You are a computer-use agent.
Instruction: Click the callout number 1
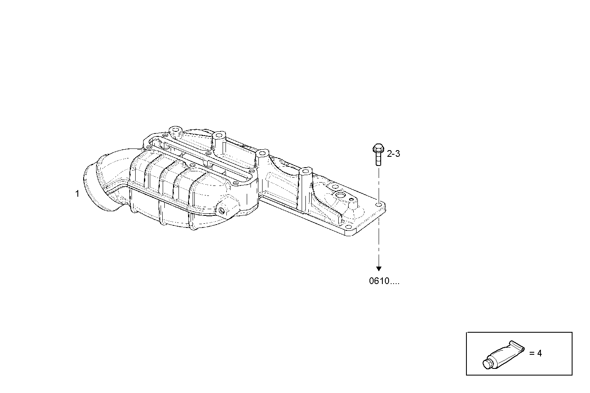[77, 194]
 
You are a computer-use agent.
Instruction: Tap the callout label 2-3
[393, 154]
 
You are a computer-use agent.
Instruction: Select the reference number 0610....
[384, 281]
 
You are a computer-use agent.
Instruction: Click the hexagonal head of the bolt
[378, 148]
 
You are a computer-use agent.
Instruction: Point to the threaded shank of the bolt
[378, 159]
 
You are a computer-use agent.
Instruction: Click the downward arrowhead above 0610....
[379, 268]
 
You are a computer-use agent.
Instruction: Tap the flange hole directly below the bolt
[378, 205]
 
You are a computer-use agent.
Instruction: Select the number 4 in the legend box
[539, 353]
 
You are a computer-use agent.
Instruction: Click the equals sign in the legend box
[531, 353]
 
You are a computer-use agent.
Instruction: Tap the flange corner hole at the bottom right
[349, 227]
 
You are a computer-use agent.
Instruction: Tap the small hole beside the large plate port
[352, 200]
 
